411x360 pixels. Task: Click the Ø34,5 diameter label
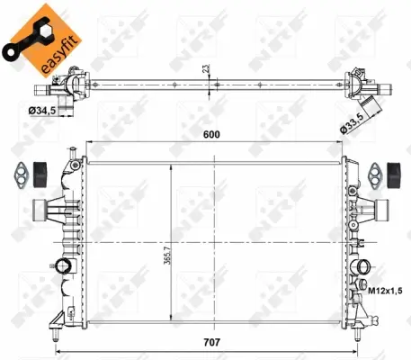tap(42, 111)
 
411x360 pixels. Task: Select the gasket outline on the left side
tap(19, 171)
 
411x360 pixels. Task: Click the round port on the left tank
tap(61, 266)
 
